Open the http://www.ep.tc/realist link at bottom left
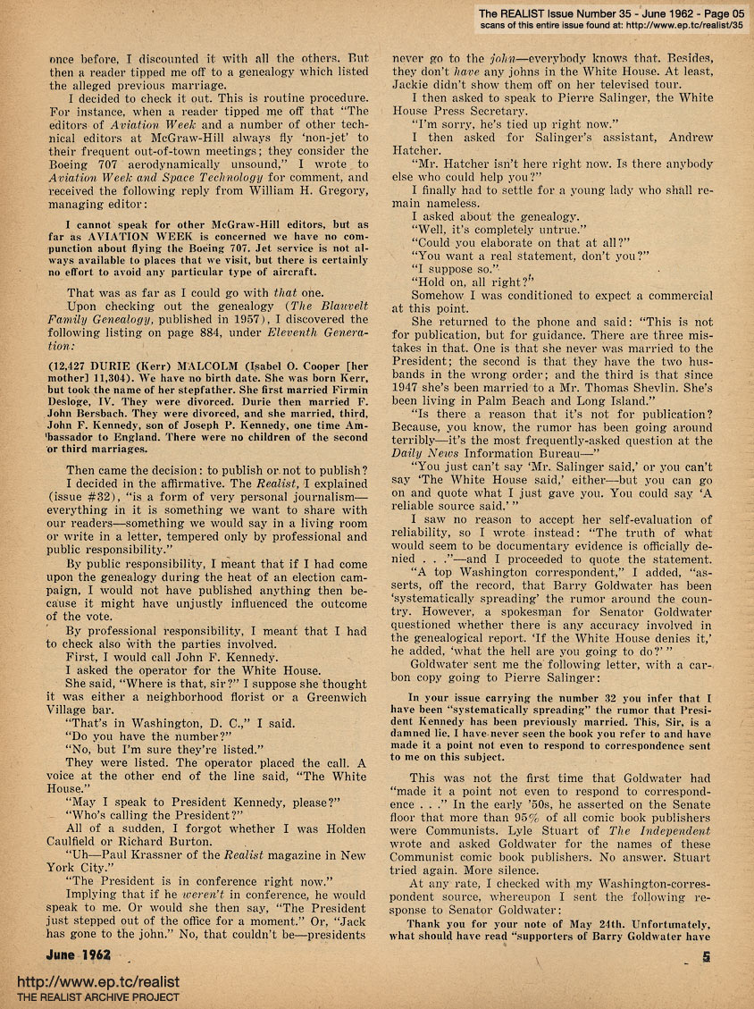click(x=80, y=981)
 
